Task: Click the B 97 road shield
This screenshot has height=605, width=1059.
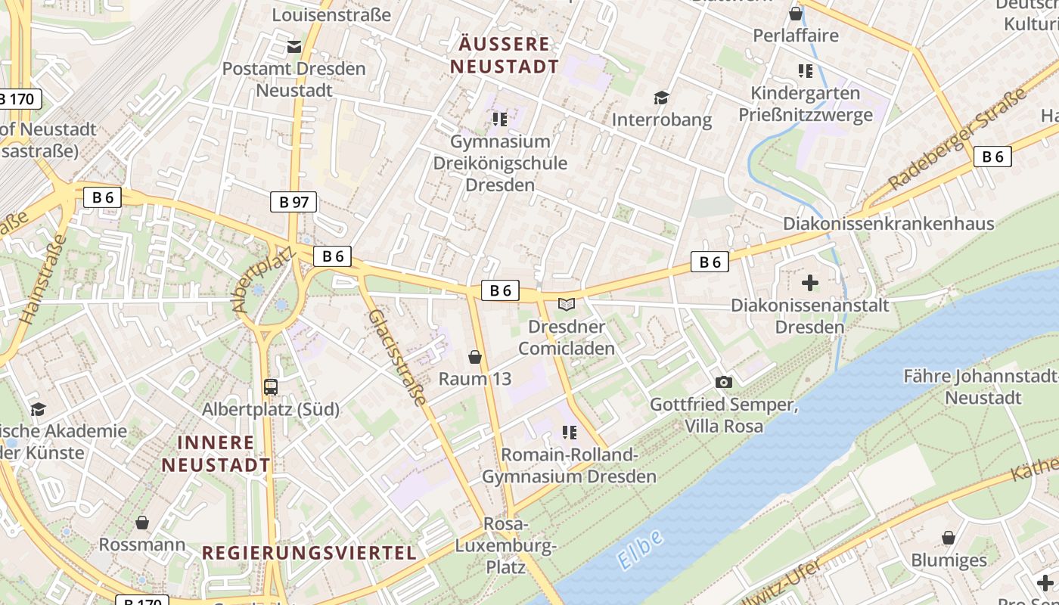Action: coord(293,202)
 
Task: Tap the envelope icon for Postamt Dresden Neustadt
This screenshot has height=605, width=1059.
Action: coord(294,47)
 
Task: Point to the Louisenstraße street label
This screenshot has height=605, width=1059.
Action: coord(331,14)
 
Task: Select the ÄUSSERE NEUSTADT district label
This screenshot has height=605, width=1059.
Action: coord(505,54)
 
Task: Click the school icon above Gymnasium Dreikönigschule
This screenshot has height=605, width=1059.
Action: coord(499,119)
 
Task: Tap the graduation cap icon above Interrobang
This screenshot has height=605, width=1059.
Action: coord(662,98)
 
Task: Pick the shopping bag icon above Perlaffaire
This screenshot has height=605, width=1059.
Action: coord(796,14)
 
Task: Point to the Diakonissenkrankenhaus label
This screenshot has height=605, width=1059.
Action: coord(899,223)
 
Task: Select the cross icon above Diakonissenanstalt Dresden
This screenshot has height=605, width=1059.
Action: coord(810,283)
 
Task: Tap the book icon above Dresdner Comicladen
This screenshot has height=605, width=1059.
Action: coord(567,305)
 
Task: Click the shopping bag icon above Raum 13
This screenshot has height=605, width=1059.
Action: coord(475,357)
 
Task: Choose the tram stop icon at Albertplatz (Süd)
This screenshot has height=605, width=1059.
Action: coord(271,387)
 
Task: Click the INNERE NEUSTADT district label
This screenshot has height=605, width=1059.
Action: coord(216,453)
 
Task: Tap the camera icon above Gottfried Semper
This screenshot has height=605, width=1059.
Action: coord(724,383)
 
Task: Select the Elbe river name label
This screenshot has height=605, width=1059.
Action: coord(641,549)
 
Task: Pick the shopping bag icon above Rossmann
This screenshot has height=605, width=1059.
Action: coord(142,523)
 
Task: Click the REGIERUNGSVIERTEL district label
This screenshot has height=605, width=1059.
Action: coord(309,553)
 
